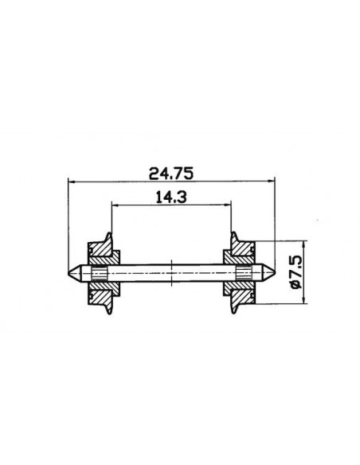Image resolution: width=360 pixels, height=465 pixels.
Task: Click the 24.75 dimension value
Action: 173,171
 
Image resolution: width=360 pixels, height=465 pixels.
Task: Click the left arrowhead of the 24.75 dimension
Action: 72,182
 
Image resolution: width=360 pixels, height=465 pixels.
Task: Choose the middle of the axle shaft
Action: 172,274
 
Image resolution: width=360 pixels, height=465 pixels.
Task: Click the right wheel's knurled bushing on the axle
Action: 246,274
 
